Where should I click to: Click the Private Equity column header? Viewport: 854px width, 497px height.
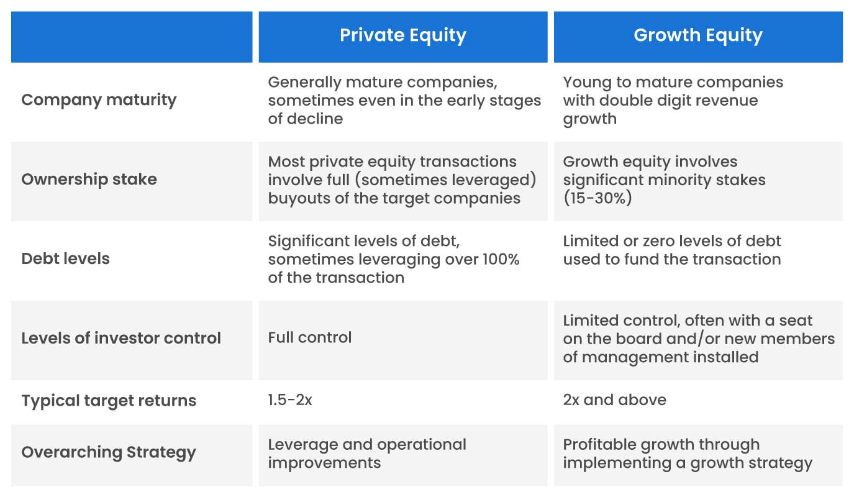[402, 35]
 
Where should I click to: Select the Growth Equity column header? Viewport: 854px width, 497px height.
[697, 35]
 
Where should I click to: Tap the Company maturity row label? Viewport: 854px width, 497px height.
[99, 100]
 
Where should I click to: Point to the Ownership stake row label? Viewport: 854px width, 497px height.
[89, 180]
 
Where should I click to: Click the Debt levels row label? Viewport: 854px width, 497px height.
[65, 259]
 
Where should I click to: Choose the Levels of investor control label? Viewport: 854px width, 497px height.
[121, 339]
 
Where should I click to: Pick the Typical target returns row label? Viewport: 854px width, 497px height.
[109, 401]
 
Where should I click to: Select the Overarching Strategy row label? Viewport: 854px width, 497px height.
[108, 452]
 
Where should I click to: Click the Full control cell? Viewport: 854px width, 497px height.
[309, 338]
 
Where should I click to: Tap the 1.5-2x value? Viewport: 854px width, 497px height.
[290, 400]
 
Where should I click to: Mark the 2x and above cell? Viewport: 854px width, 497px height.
[614, 400]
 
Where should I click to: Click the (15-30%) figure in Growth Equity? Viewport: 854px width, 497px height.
[597, 199]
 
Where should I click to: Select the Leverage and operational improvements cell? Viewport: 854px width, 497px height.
[366, 454]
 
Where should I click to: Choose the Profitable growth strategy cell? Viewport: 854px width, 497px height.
[687, 454]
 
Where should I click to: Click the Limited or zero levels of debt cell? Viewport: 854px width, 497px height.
[671, 250]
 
